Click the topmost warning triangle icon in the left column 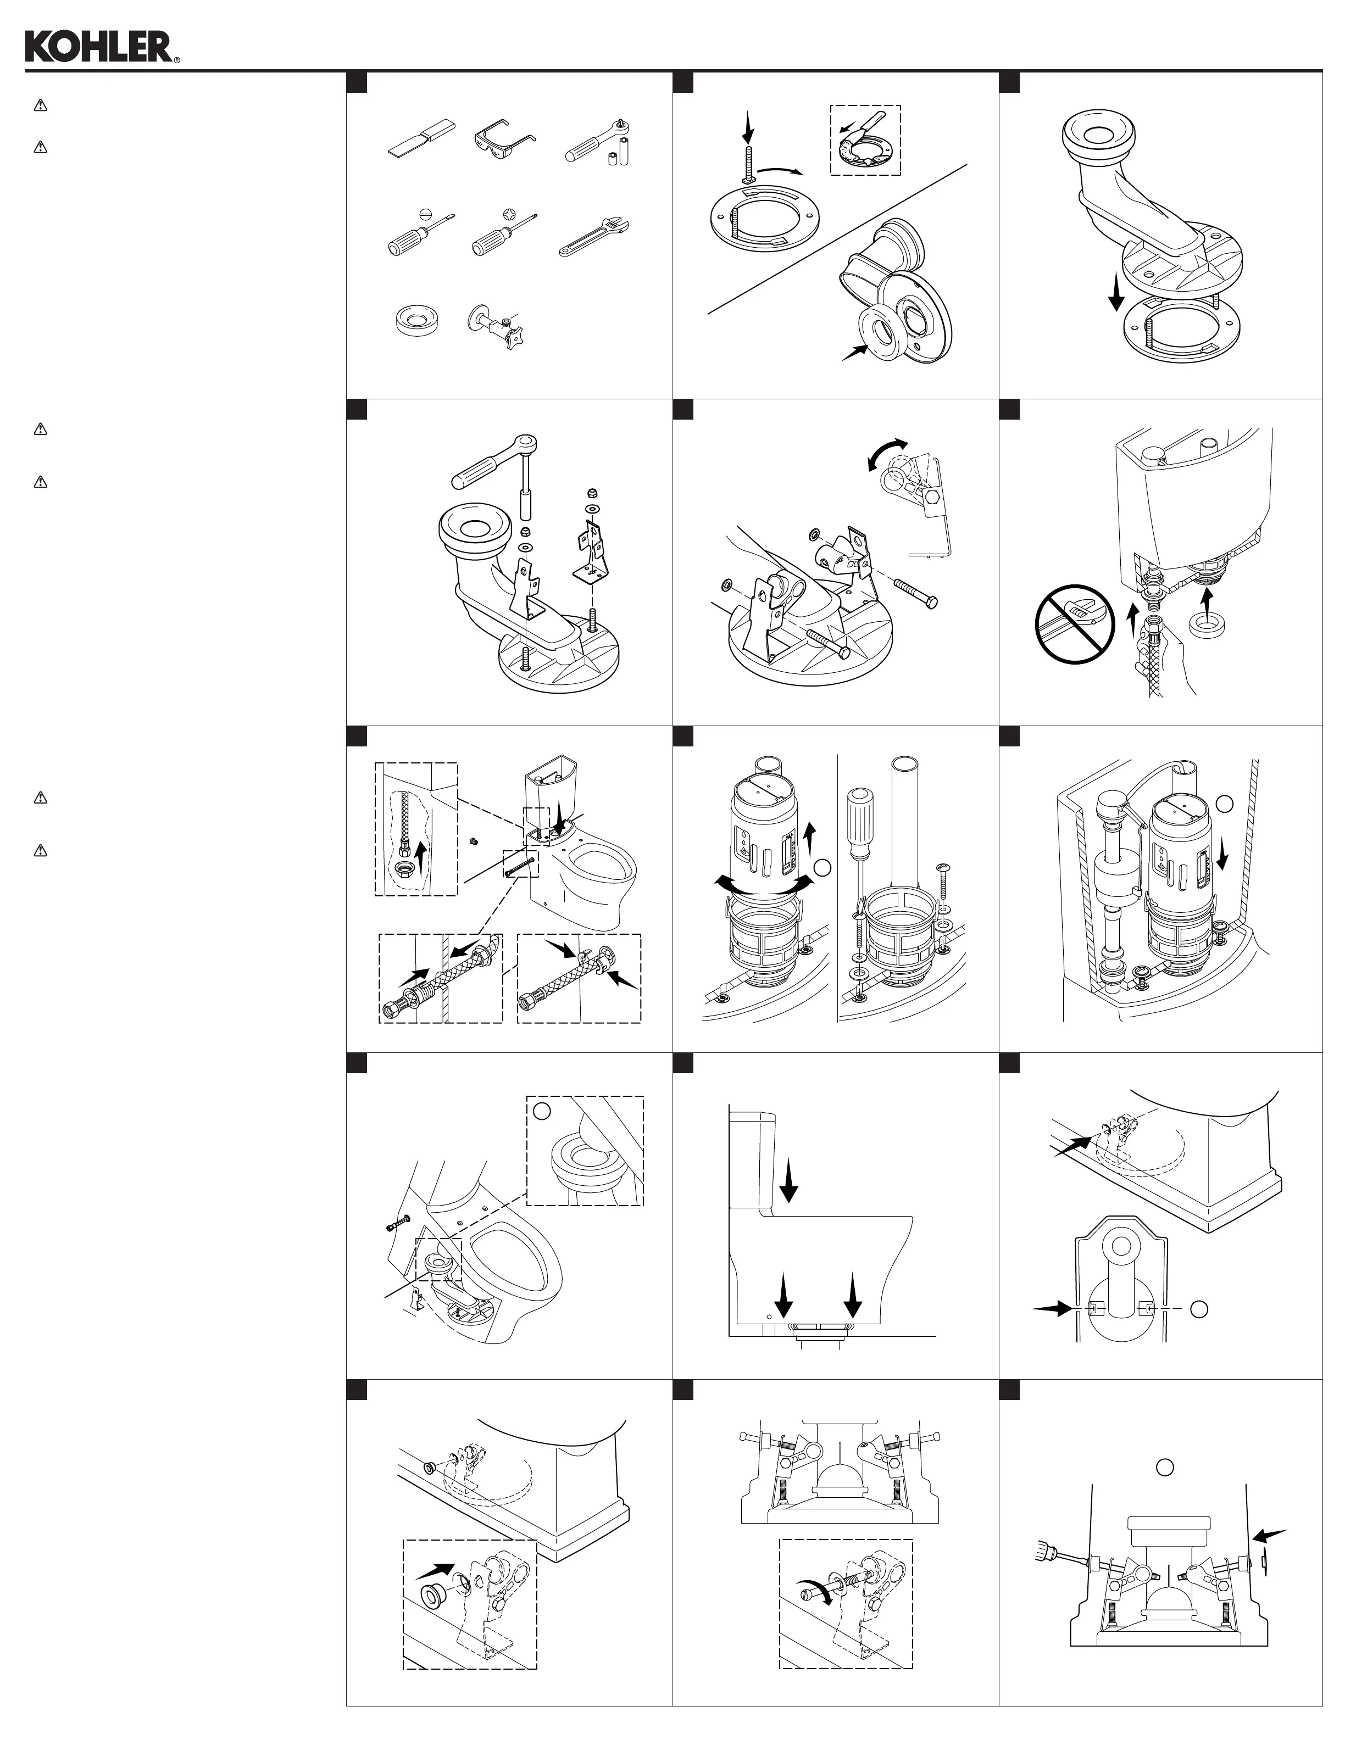click(x=41, y=105)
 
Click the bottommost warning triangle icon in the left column click(x=41, y=850)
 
